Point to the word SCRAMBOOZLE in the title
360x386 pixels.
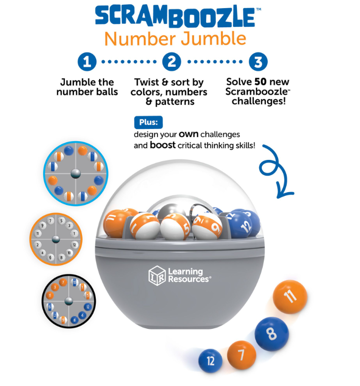tap(175, 17)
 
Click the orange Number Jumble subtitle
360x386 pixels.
tap(175, 38)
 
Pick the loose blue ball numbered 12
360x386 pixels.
tap(210, 361)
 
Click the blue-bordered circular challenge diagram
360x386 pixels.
tap(76, 171)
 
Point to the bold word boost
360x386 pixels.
tap(163, 145)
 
